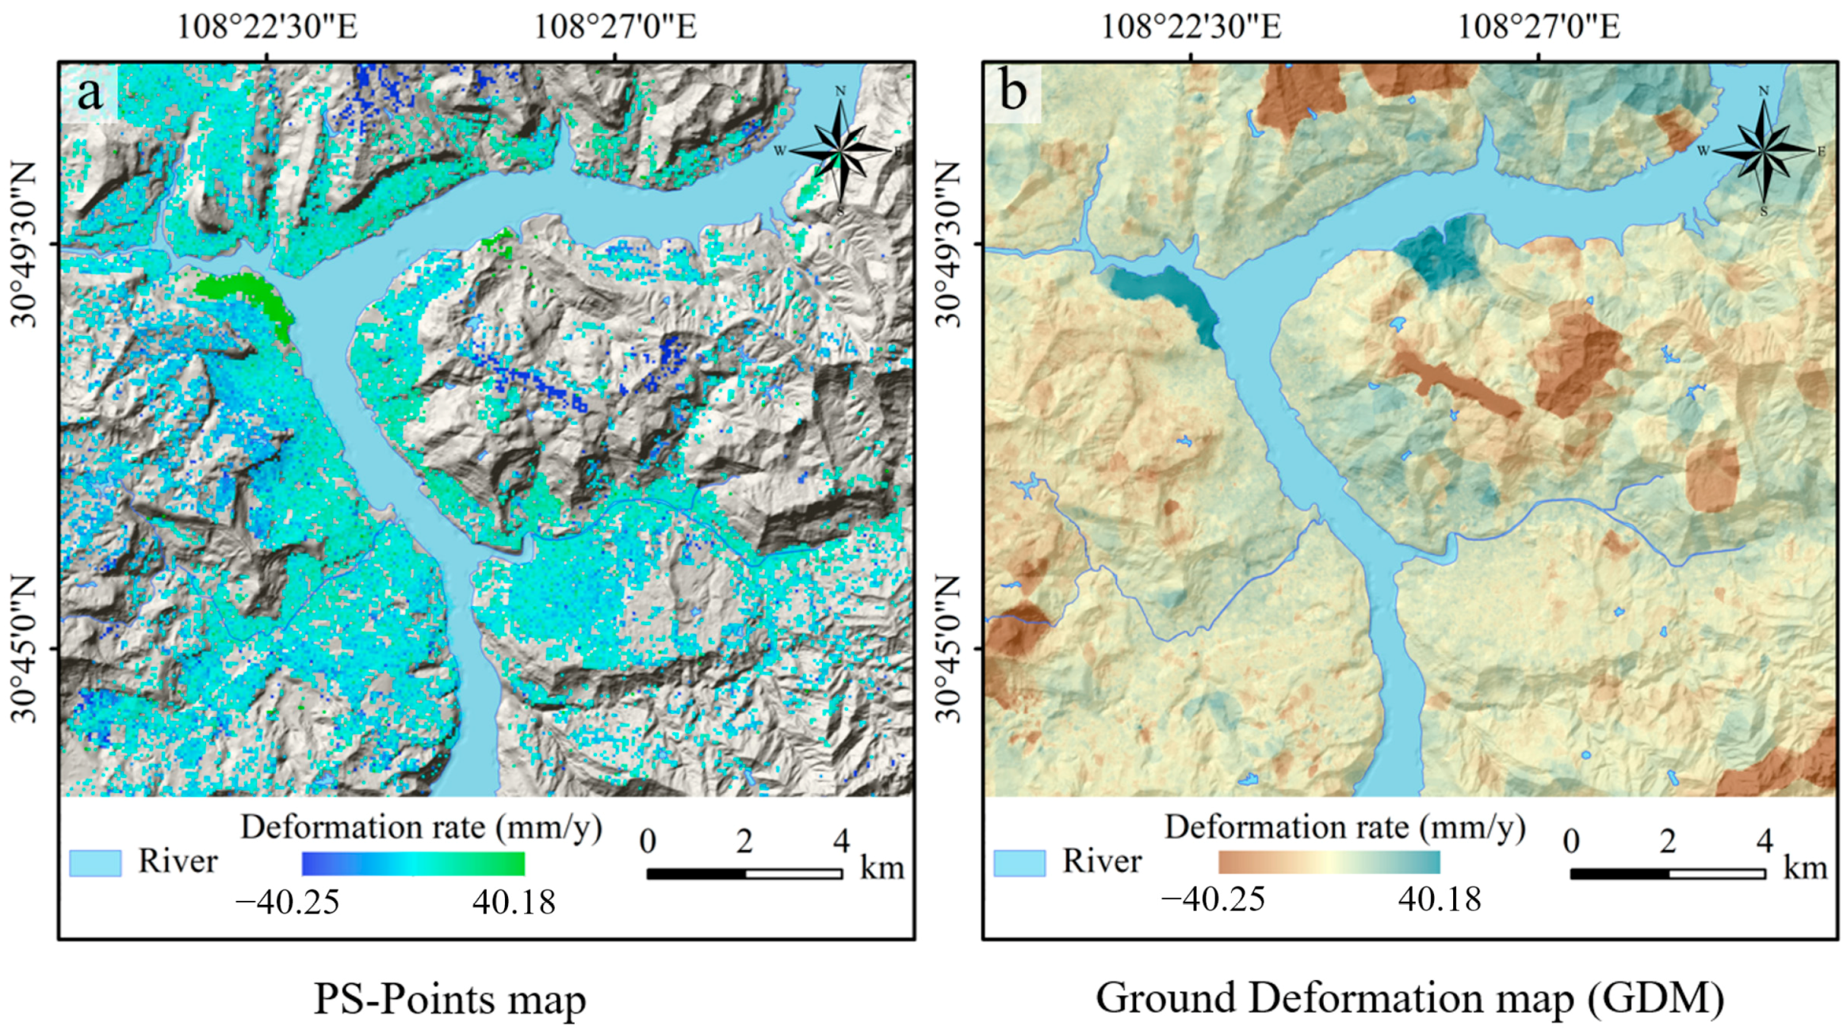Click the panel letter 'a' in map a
tap(90, 93)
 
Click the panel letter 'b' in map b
tap(1013, 92)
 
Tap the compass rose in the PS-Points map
tap(840, 150)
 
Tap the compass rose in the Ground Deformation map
tap(1764, 150)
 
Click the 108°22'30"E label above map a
tap(267, 27)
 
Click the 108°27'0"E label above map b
tap(1539, 27)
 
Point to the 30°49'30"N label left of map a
tap(24, 245)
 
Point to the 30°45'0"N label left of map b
tap(948, 649)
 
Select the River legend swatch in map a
tap(95, 863)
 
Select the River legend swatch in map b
tap(1019, 863)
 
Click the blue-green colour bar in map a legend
tap(413, 864)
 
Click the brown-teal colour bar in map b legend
tap(1329, 862)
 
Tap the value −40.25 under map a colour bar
tap(288, 902)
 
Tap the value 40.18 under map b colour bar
tap(1440, 899)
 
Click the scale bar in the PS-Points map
tap(744, 873)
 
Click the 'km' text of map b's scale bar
tap(1805, 868)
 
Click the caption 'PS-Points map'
tap(449, 998)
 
